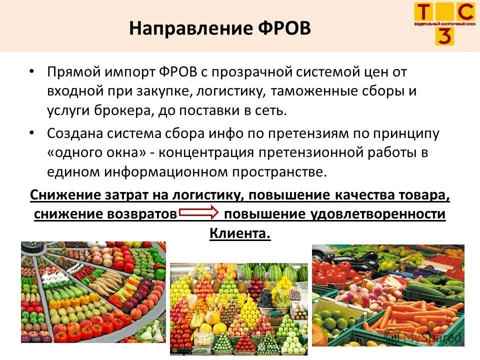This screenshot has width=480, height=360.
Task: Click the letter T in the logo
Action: [x=423, y=12]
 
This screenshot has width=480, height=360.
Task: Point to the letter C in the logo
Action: [x=465, y=12]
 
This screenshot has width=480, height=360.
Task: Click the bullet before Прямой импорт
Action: [x=32, y=71]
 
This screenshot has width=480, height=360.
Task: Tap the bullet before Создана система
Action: [x=32, y=133]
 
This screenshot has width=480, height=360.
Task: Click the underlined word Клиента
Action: [x=239, y=233]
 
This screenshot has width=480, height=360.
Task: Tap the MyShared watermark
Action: [x=432, y=337]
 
